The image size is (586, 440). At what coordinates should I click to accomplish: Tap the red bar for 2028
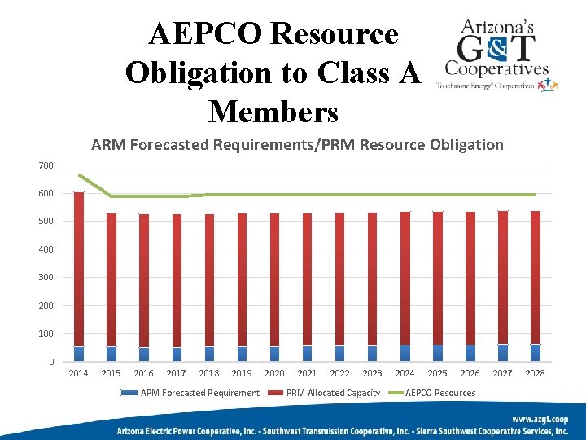[x=535, y=277]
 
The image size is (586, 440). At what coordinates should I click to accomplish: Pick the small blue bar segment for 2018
[x=209, y=354]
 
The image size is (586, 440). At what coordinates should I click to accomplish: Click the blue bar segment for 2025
[x=438, y=353]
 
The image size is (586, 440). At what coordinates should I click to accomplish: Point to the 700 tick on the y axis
[x=46, y=165]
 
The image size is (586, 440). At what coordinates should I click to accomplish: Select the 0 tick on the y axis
[x=50, y=362]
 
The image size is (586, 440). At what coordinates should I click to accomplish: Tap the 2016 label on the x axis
[x=143, y=373]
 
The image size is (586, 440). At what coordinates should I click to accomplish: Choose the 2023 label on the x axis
[x=372, y=373]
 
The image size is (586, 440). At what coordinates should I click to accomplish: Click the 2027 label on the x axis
[x=502, y=373]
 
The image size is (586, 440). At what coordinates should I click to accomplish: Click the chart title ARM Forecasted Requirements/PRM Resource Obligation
[x=297, y=145]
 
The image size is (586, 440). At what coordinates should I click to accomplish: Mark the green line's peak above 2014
[x=79, y=174]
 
